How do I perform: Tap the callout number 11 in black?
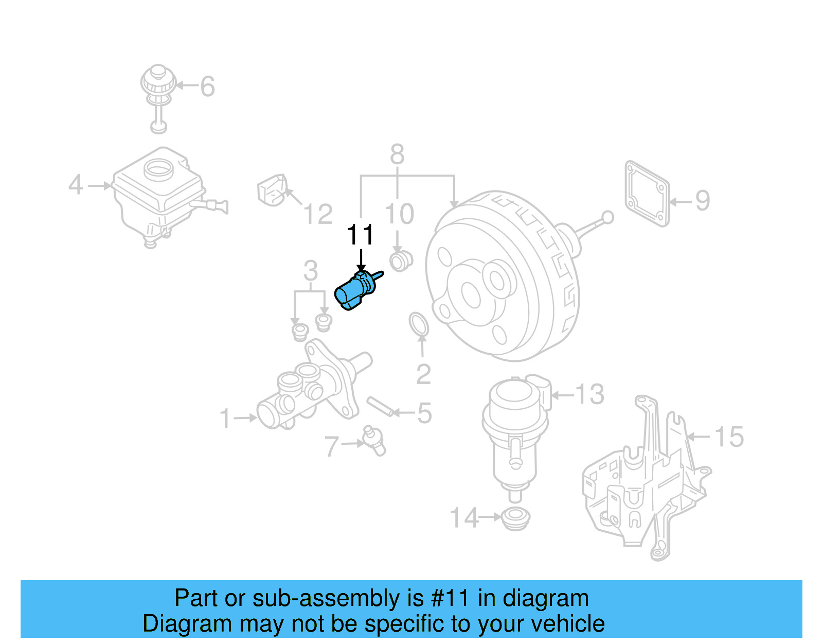pos(360,235)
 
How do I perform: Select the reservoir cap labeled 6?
pos(158,82)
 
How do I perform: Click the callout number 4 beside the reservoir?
pos(76,184)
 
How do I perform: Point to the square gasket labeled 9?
pos(647,194)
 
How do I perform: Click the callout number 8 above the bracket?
pos(397,154)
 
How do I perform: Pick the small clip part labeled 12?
pos(272,189)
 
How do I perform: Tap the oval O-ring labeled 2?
pos(419,324)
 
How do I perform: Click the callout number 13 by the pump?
pos(589,395)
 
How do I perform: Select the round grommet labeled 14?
pos(515,517)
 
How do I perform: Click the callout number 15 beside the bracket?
pos(729,437)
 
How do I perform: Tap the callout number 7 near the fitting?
pos(332,446)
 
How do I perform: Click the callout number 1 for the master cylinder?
pos(225,418)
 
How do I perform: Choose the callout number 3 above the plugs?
pos(310,270)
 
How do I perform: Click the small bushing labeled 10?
pos(401,260)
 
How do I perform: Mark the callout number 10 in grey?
pos(399,214)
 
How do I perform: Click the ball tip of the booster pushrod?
pos(607,217)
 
